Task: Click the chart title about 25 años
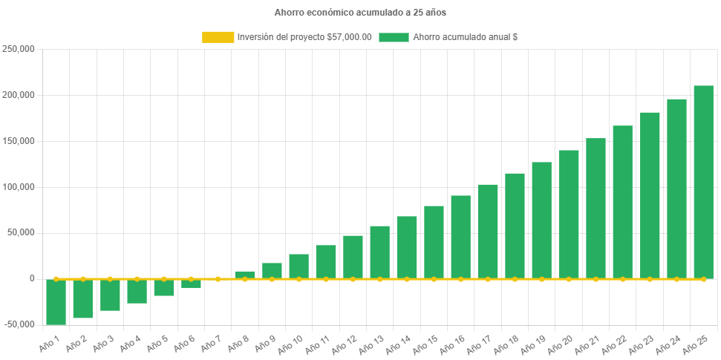click(360, 13)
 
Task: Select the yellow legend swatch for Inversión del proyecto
click(218, 37)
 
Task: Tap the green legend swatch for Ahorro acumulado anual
click(394, 37)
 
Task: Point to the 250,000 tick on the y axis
click(20, 49)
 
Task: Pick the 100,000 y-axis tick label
click(20, 187)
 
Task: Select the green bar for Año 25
click(703, 182)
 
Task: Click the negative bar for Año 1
click(56, 301)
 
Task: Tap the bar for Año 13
click(379, 252)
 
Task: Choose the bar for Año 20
click(569, 214)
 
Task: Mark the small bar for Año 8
click(245, 274)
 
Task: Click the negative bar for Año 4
click(137, 291)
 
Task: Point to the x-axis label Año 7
click(210, 343)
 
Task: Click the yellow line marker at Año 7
click(218, 279)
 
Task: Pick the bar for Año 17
click(488, 231)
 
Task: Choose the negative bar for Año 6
click(191, 284)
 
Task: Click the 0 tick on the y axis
click(32, 278)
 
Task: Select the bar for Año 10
click(299, 266)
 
